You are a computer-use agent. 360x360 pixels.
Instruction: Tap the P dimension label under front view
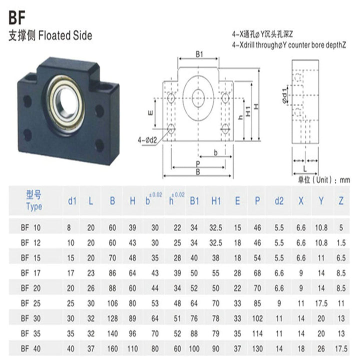[x=198, y=163]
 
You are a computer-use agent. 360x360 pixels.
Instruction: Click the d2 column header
[x=279, y=201]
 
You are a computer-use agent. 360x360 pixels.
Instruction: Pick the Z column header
[x=341, y=201]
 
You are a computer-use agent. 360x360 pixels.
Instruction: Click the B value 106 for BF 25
[x=112, y=302]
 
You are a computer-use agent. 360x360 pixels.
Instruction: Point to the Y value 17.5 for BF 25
[x=320, y=302]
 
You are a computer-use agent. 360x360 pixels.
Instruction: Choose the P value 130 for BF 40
[x=257, y=347]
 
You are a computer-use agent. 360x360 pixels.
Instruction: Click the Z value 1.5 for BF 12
[x=340, y=242]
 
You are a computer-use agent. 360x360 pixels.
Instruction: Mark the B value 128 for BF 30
[x=112, y=317]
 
